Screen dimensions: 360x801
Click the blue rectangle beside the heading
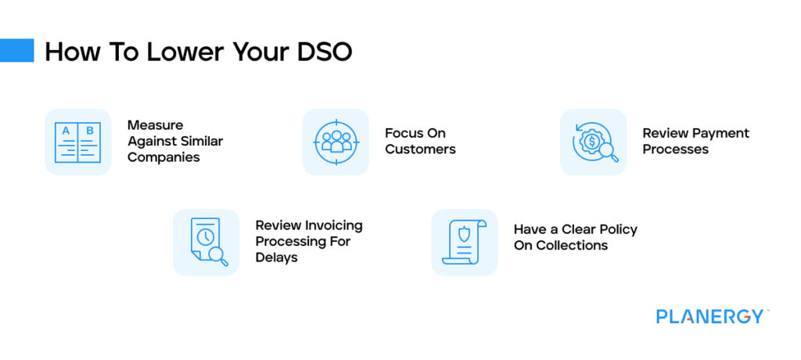coord(16,51)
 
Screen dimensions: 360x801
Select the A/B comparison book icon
coord(77,142)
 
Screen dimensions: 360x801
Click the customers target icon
coord(336,142)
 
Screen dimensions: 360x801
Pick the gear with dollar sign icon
coord(593,142)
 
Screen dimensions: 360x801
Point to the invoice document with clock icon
coord(207,242)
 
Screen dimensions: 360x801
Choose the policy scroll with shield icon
coord(464,242)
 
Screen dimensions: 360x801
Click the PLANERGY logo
coord(711,317)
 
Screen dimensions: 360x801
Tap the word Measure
coord(154,125)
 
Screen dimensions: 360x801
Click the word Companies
coord(163,157)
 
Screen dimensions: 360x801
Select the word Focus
coord(404,133)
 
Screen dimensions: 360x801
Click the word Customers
coord(420,149)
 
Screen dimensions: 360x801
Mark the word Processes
coord(675,149)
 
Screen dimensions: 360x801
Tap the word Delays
coord(276,257)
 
